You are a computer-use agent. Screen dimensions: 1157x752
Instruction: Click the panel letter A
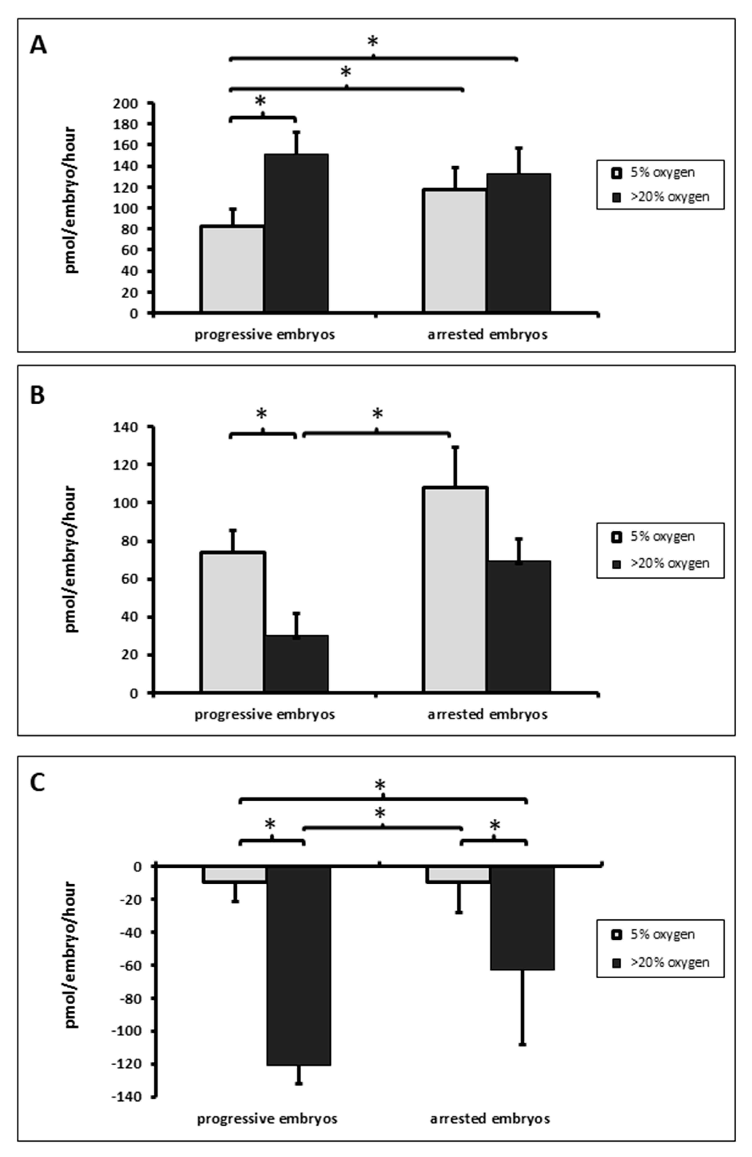38,46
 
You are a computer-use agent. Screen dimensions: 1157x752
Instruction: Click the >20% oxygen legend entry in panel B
662,563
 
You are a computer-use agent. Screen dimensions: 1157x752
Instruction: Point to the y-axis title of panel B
71,559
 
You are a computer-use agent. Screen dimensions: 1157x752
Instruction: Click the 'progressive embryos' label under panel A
265,335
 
